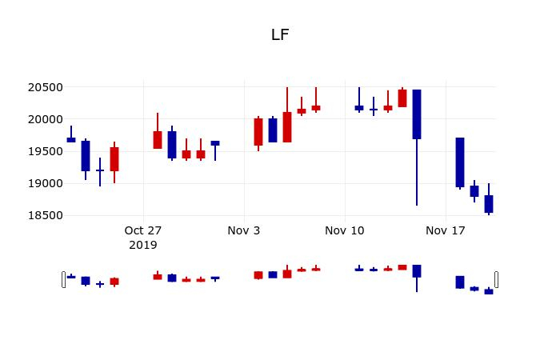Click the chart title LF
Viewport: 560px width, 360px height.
(280, 34)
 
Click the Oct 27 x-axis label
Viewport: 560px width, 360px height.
(143, 230)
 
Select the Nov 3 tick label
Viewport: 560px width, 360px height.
(244, 230)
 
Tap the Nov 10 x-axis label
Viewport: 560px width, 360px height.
(345, 230)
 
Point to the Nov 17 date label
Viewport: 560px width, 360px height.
(446, 230)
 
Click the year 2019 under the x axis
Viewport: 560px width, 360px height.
(143, 245)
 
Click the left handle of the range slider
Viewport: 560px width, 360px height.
(63, 279)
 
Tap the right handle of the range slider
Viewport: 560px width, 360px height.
(496, 279)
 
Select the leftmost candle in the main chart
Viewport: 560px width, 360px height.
(71, 139)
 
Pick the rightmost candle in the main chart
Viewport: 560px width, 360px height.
(489, 204)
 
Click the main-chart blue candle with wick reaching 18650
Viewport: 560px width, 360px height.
(417, 114)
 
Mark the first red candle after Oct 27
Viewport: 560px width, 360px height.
(158, 140)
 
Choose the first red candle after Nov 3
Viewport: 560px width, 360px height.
(258, 132)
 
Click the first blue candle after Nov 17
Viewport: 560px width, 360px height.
(460, 162)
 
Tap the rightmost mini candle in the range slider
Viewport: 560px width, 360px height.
(489, 292)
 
